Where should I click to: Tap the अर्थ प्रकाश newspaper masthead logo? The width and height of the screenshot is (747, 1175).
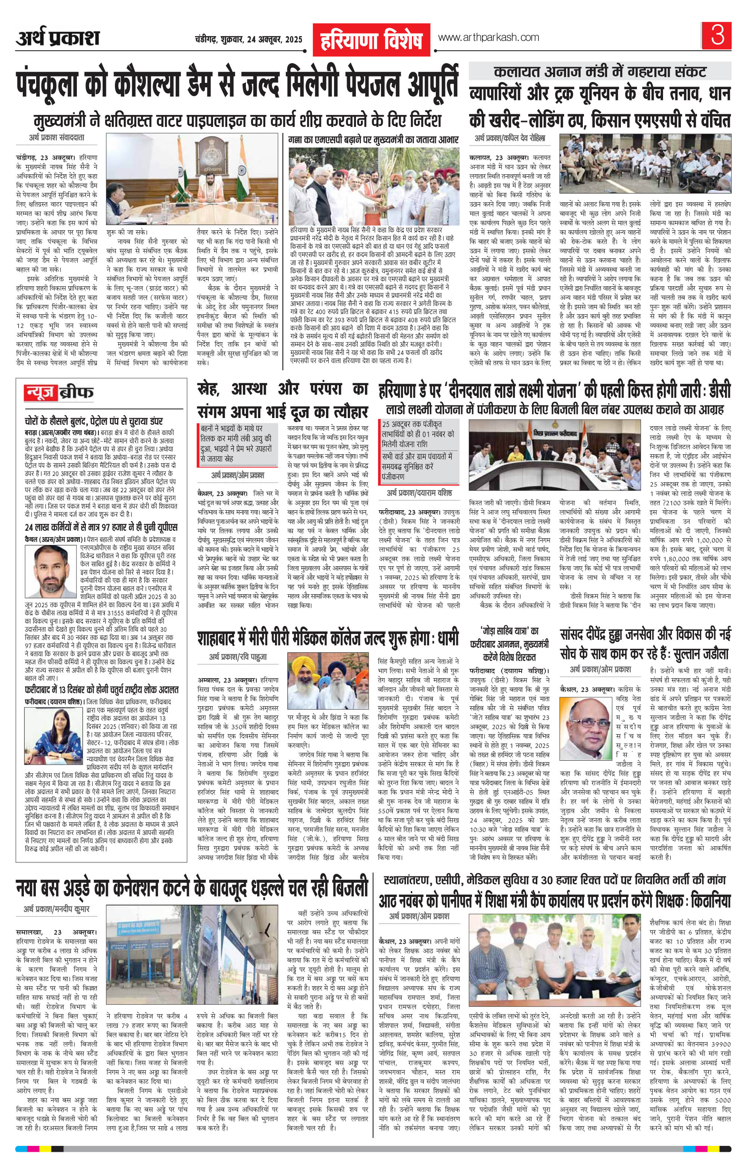(x=57, y=38)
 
